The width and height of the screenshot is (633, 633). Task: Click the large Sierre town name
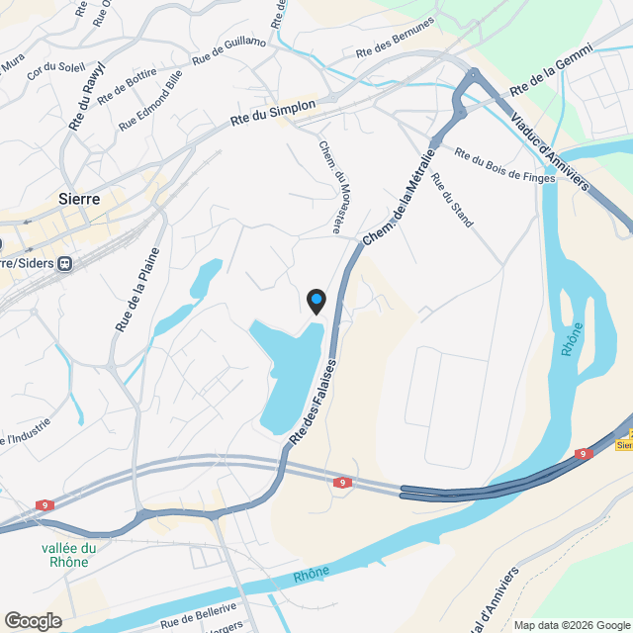coord(79,198)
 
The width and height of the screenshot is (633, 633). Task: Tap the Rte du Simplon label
coord(273,112)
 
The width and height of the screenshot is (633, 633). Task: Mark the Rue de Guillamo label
coord(229,53)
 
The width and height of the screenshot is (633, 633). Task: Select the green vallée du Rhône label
coord(69,555)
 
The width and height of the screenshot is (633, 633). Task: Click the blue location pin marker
coord(316,300)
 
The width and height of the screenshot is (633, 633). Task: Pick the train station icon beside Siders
coord(65,264)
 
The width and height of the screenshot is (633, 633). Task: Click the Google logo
coord(33,620)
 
